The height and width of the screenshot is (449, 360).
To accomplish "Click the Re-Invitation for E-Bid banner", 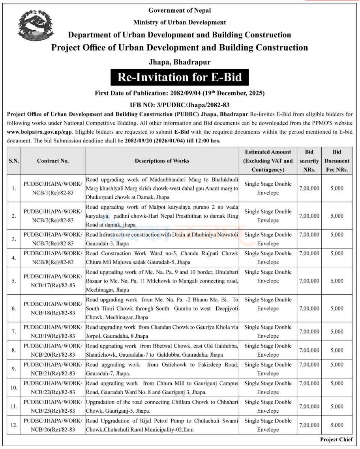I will click(180, 77).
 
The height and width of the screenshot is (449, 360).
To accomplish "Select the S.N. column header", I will click(14, 161).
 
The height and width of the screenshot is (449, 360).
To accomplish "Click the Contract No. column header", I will click(53, 161).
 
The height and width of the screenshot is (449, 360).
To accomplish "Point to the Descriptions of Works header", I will click(162, 161).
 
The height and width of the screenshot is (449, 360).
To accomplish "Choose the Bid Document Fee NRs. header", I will click(337, 161).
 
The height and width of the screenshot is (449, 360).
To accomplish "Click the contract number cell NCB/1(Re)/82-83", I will click(53, 188).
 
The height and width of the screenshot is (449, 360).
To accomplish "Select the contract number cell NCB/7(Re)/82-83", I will click(53, 239).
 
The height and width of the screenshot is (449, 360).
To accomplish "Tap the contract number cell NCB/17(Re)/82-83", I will click(53, 281).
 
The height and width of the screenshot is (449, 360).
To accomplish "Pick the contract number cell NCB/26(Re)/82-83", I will click(53, 425).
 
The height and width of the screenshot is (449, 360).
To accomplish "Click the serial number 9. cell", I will click(14, 369).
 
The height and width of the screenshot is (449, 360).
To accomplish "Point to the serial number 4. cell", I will click(14, 258).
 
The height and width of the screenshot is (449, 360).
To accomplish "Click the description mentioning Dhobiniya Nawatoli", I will click(162, 239).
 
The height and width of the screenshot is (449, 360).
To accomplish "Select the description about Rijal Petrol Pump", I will click(162, 425).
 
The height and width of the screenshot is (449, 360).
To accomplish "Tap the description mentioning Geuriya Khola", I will click(162, 331).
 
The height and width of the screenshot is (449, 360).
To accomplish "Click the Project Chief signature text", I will click(336, 440).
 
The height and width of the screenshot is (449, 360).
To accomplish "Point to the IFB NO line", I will click(180, 105).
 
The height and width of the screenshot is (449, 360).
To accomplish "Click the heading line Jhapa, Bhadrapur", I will click(180, 62).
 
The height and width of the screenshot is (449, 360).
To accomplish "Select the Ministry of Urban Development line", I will click(180, 22).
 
